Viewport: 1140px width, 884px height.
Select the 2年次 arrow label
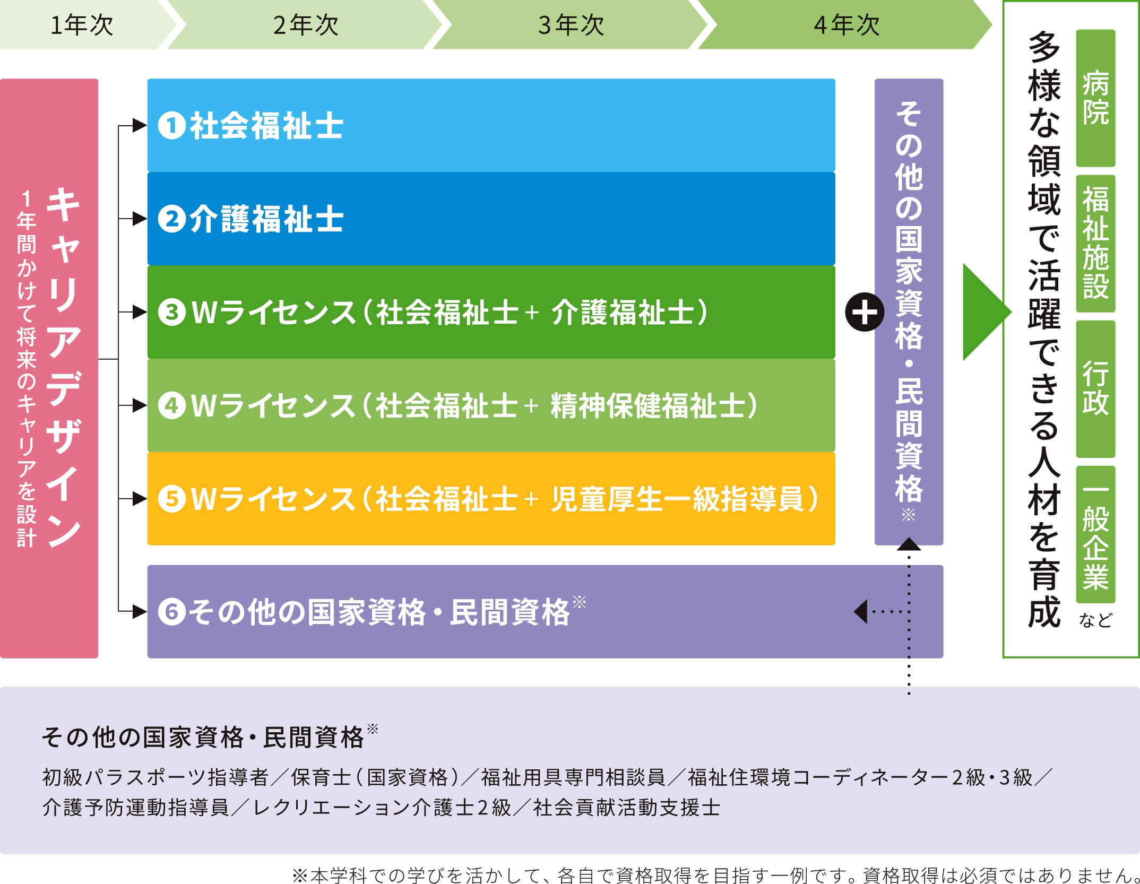[306, 25]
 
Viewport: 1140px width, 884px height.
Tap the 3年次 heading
[571, 25]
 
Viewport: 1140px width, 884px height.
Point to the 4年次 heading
[847, 25]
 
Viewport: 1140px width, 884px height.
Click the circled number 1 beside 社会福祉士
[171, 126]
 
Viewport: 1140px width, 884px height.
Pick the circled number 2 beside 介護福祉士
[171, 219]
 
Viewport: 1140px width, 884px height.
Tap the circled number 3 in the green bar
[171, 312]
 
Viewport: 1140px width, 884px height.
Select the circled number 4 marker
[171, 405]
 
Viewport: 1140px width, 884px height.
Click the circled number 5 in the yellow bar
[171, 499]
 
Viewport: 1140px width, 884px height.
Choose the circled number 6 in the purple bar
[171, 611]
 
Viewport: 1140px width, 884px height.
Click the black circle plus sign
[864, 312]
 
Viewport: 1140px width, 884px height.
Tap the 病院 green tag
[1095, 98]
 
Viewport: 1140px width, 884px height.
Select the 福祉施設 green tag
[1095, 243]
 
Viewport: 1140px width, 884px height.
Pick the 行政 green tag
[1095, 388]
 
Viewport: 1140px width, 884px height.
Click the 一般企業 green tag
[1095, 534]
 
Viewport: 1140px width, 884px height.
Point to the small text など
[1095, 620]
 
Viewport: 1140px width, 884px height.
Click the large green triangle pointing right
[984, 312]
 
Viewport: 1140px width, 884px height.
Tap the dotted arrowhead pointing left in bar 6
[861, 612]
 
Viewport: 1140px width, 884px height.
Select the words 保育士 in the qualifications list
[321, 777]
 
